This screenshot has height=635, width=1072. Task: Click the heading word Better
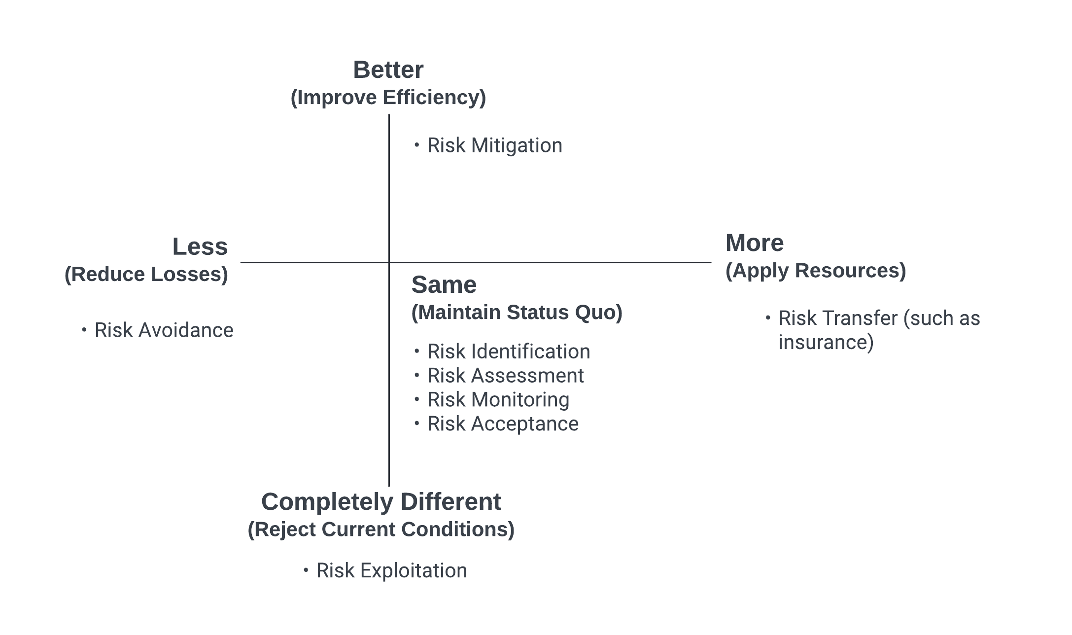[388, 70]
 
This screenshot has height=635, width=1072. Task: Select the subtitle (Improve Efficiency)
[388, 98]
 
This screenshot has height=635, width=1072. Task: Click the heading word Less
[200, 247]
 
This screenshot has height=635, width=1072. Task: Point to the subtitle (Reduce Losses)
[146, 275]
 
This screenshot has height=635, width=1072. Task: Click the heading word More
[755, 243]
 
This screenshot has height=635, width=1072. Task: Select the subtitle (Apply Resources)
[816, 271]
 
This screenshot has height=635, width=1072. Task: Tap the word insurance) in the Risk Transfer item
[826, 343]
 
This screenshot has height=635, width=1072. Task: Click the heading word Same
[444, 285]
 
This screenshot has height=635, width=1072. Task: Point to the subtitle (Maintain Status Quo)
[517, 313]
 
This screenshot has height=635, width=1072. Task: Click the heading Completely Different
[381, 502]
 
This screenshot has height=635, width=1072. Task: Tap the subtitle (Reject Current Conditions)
[381, 529]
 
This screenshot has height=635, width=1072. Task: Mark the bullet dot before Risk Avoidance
[84, 329]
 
